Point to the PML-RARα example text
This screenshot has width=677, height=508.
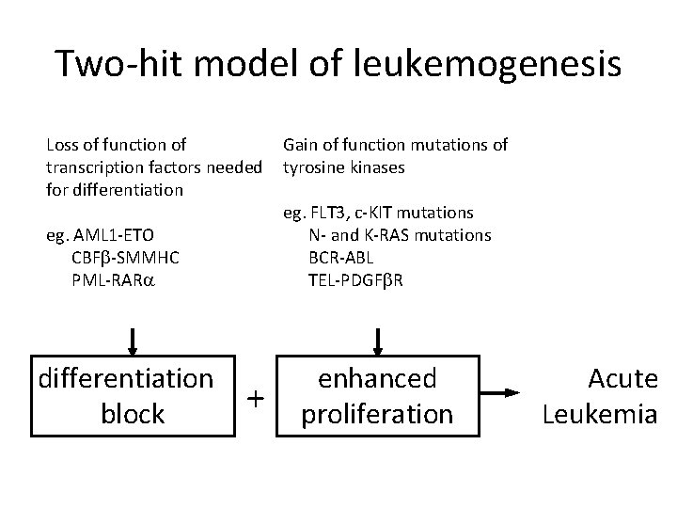(115, 279)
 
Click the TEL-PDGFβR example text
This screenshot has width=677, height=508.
(355, 279)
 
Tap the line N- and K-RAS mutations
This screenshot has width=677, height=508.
(400, 234)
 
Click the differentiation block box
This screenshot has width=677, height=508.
(132, 396)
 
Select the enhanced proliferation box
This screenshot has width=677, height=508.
(377, 396)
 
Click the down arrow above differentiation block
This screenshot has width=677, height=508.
(133, 340)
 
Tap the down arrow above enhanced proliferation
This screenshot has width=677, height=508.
(378, 340)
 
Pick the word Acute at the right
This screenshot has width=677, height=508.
(622, 379)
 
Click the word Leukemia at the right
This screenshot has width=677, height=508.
(600, 414)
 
